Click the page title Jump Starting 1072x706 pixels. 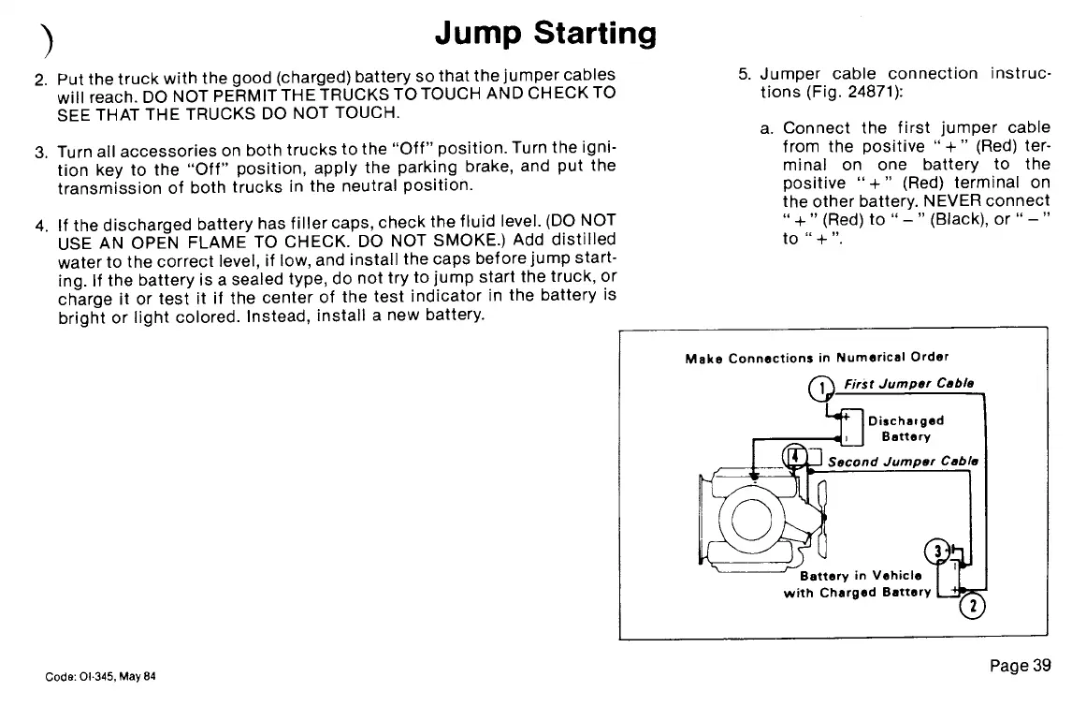pos(545,34)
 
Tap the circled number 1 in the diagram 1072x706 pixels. pos(819,389)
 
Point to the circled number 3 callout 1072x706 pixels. pos(934,551)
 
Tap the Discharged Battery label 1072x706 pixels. pos(905,428)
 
